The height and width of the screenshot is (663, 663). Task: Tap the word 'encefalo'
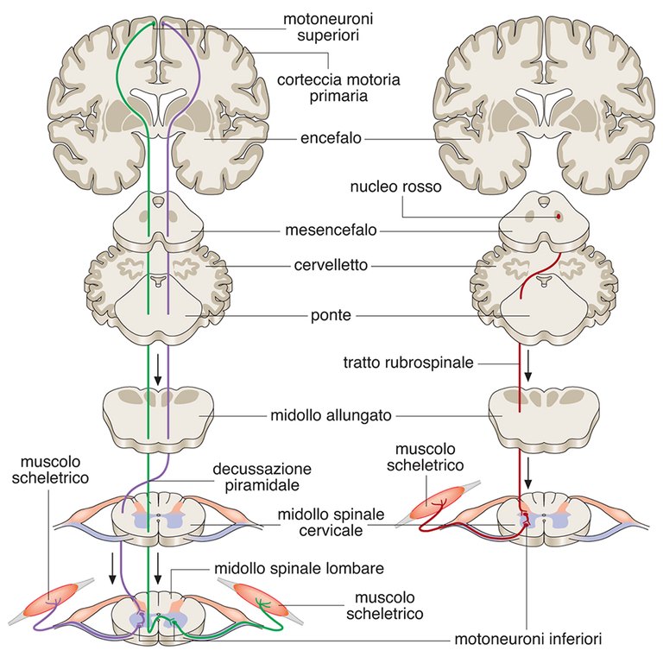pyautogui.click(x=331, y=138)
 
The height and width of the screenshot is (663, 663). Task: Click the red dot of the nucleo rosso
pyautogui.click(x=558, y=215)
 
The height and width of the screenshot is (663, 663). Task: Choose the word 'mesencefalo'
pyautogui.click(x=331, y=231)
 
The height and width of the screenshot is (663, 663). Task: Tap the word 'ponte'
pyautogui.click(x=331, y=316)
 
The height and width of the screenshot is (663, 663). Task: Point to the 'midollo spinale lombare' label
pyautogui.click(x=298, y=570)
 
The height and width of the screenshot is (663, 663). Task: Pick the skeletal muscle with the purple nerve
pyautogui.click(x=56, y=601)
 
